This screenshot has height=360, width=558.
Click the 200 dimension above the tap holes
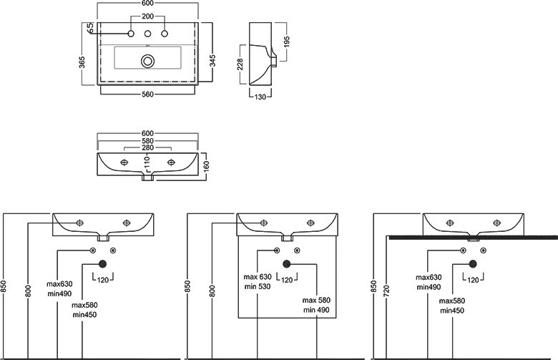(147, 16)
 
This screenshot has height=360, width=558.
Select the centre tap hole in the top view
(147, 34)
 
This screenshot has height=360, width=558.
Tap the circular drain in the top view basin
(147, 61)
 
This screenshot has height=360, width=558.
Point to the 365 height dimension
(82, 62)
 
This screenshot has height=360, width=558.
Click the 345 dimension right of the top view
(212, 61)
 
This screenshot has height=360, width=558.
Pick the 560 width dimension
(147, 94)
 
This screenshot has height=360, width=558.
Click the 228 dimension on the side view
(240, 64)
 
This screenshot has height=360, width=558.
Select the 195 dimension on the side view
(287, 42)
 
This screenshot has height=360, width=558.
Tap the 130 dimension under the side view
(260, 97)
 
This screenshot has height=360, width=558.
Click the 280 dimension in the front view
(147, 147)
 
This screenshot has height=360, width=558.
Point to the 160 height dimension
(207, 166)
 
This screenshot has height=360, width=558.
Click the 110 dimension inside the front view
(147, 162)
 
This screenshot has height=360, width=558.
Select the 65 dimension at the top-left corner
(90, 27)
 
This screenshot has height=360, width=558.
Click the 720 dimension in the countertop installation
(387, 291)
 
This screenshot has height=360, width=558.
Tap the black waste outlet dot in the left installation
(102, 264)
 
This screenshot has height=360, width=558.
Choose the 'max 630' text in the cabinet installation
(258, 277)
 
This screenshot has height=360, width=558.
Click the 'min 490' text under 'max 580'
(316, 310)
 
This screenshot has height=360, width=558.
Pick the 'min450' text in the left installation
(84, 315)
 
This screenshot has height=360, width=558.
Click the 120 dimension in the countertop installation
(473, 281)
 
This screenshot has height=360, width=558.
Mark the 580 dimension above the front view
(147, 141)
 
